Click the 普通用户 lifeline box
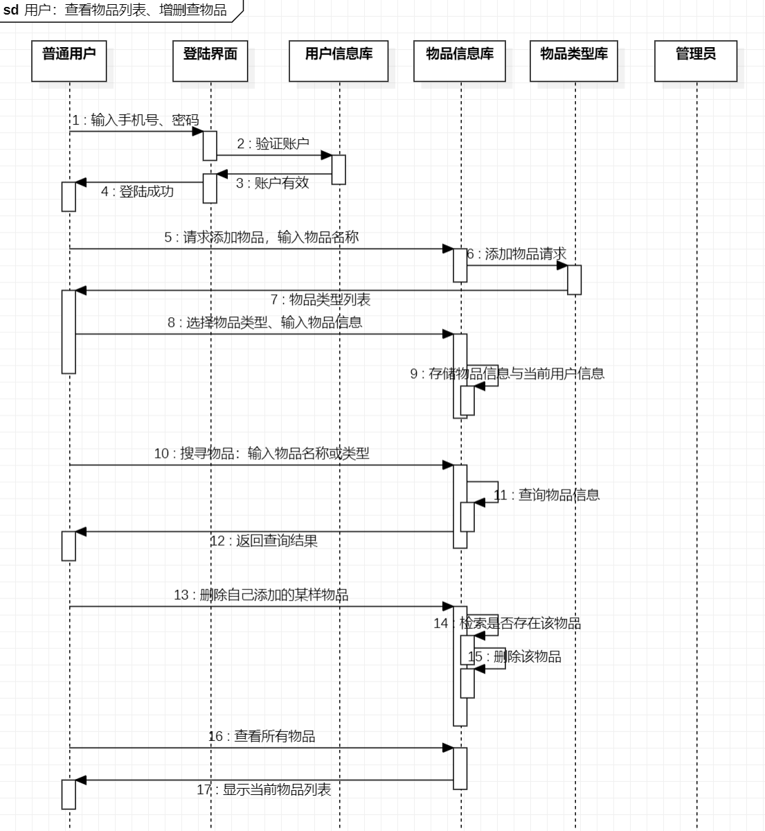tap(69, 61)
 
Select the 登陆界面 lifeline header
tap(210, 61)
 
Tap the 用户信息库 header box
tap(339, 61)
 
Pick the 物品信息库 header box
tap(460, 61)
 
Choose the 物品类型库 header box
tap(574, 61)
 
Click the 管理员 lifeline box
tap(696, 61)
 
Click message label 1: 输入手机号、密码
tap(136, 120)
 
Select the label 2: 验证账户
tap(273, 143)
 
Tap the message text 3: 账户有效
tap(272, 183)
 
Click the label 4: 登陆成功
tap(137, 191)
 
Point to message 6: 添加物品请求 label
tap(516, 254)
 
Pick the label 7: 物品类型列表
tap(321, 299)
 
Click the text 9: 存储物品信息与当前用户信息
tap(507, 373)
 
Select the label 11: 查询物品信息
tap(546, 494)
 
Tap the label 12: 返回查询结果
tap(264, 540)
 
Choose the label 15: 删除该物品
tap(514, 656)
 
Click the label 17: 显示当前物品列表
tap(264, 789)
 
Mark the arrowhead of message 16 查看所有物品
tap(448, 748)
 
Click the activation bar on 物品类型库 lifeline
tap(574, 280)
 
